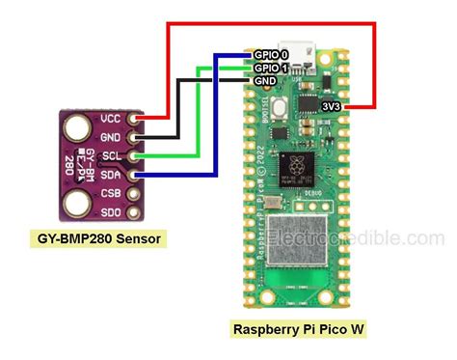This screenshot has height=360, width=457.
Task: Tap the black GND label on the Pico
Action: click(x=267, y=81)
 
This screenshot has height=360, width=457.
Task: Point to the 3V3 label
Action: click(x=360, y=104)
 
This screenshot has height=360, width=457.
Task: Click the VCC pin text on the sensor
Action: click(x=111, y=119)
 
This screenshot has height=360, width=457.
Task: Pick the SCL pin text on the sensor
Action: click(x=111, y=155)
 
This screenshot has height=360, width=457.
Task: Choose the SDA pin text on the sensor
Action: click(x=111, y=174)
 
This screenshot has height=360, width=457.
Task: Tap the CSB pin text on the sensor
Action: click(x=111, y=192)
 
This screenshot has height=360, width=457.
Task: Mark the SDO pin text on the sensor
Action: click(x=111, y=210)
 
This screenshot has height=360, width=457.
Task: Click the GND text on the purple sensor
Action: click(x=111, y=137)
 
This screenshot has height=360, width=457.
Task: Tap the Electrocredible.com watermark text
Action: click(x=363, y=238)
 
